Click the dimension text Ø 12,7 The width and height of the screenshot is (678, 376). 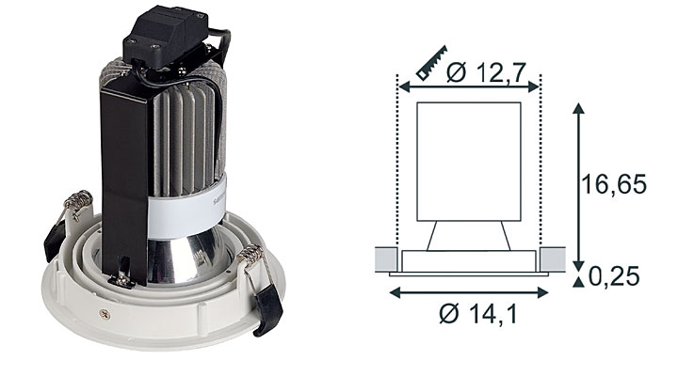coord(486,72)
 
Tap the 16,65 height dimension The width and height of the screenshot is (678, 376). coord(614,184)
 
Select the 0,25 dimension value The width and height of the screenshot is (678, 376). coord(614,275)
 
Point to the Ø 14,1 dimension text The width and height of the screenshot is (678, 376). coord(477,313)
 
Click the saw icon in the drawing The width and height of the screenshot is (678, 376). coord(431,63)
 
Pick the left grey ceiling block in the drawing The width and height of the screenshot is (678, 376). coord(386,259)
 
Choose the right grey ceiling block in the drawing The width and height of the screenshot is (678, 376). coord(552,259)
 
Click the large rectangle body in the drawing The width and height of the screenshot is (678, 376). coord(468,162)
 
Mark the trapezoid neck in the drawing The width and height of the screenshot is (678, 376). coord(468,236)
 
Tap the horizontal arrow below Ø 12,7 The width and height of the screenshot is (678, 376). coord(469,87)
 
